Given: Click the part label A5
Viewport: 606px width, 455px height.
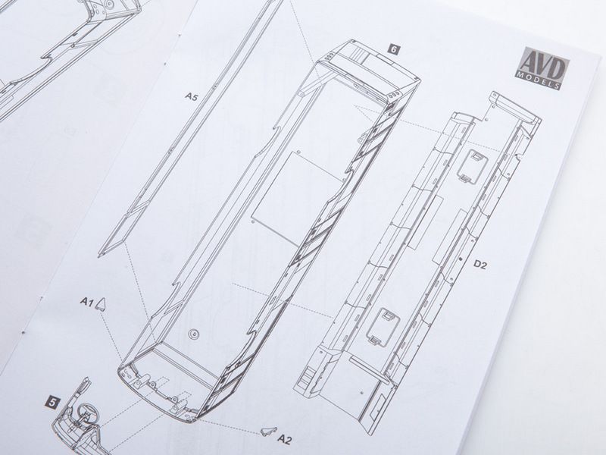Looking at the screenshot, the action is click(x=191, y=96).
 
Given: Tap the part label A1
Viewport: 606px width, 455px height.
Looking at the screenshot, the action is click(x=86, y=301).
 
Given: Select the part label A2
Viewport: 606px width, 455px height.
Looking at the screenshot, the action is click(x=284, y=439).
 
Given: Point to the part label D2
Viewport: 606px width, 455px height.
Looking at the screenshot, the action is click(x=479, y=265).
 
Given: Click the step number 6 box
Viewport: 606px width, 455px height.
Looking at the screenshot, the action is click(x=394, y=49).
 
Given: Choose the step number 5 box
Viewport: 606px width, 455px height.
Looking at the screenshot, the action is click(x=52, y=403).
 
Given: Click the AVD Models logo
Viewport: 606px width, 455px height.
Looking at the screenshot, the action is click(x=544, y=68).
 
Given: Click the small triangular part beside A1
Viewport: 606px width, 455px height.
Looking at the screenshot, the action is click(x=102, y=304).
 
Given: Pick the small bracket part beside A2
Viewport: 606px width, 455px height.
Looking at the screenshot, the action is click(x=270, y=430).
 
